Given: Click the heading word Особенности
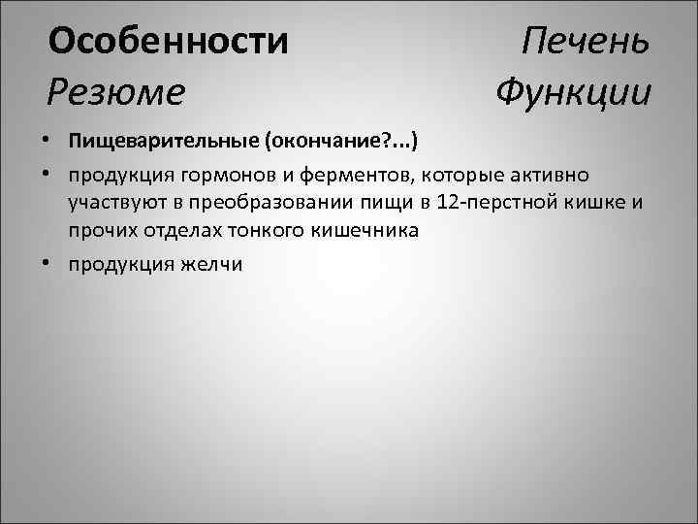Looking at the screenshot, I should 169,42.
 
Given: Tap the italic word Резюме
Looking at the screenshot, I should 115,92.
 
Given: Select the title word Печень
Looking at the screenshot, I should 585,42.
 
